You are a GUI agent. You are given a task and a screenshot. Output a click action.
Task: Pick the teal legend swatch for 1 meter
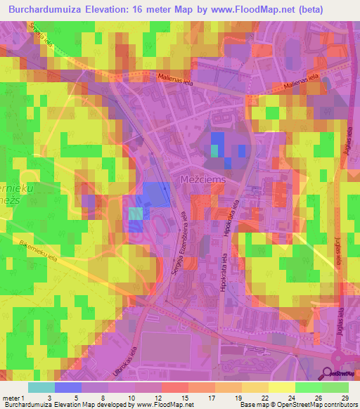click(x=41, y=387)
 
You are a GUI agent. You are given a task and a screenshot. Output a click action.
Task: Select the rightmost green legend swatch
click(x=335, y=387)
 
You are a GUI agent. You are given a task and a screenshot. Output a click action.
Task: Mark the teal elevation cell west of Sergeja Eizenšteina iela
click(x=136, y=213)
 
